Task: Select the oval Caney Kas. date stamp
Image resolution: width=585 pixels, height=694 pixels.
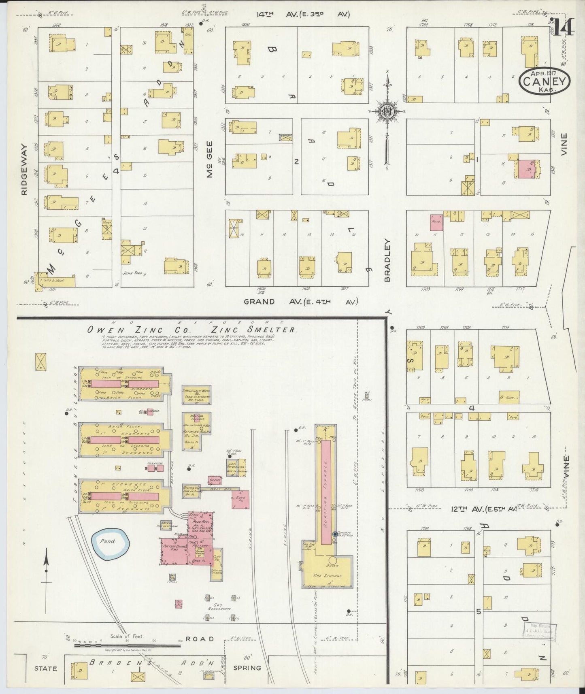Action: click(x=545, y=81)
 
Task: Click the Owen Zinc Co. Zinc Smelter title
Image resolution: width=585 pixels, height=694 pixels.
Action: click(x=192, y=330)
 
